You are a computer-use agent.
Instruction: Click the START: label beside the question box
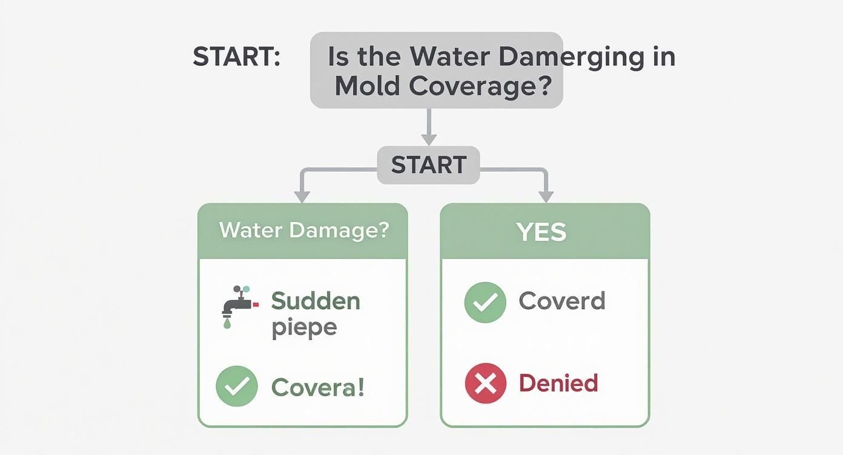(x=236, y=56)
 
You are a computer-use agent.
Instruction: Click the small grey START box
(x=429, y=165)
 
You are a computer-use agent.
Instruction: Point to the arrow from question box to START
(x=429, y=127)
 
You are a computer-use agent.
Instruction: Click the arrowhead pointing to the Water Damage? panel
(x=302, y=197)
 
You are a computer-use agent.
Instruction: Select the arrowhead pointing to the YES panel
(x=546, y=197)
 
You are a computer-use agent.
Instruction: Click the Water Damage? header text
(x=303, y=230)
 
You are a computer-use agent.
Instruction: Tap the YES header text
(x=542, y=232)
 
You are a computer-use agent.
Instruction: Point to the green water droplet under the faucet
(x=227, y=323)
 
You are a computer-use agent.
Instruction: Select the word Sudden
(x=316, y=301)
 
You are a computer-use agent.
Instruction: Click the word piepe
(x=304, y=328)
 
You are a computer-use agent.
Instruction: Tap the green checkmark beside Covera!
(x=237, y=386)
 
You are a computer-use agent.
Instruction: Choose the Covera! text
(x=317, y=387)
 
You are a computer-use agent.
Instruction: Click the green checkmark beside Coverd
(x=486, y=303)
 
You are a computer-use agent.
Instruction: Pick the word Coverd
(x=562, y=301)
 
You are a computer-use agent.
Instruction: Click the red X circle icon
(x=486, y=383)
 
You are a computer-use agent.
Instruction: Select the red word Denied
(x=558, y=383)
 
